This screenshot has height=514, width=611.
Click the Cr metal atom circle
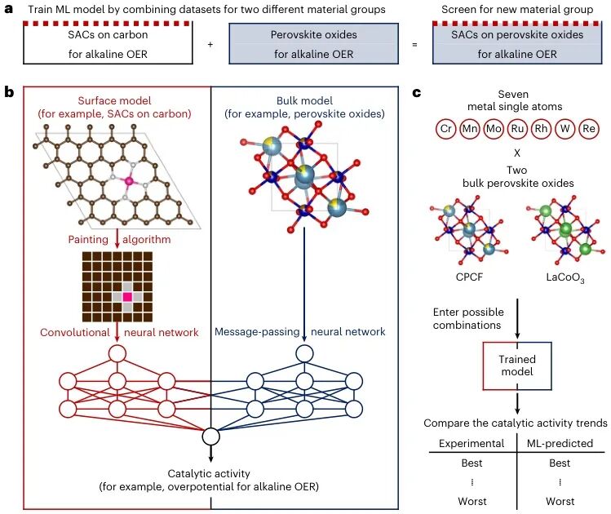445,129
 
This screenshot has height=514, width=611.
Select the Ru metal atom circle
517,129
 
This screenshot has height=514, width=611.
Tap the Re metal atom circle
588,129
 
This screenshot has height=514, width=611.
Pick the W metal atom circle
565,129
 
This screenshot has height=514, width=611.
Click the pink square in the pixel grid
127,297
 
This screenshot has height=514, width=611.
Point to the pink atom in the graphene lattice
128,181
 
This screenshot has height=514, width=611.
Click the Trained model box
517,366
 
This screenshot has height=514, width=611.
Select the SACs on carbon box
108,43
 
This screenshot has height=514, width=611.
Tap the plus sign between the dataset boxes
210,44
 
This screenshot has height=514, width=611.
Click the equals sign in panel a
414,45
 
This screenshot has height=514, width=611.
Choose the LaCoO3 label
565,278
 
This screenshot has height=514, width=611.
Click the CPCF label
469,277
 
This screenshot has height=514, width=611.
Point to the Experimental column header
472,444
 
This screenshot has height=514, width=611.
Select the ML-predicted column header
560,444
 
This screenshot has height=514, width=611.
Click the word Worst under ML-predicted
560,501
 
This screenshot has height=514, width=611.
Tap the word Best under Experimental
472,463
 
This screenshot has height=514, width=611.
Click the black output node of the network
210,436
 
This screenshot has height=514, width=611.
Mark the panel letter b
9,93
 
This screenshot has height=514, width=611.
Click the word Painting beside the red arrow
88,239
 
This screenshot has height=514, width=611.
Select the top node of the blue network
304,354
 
